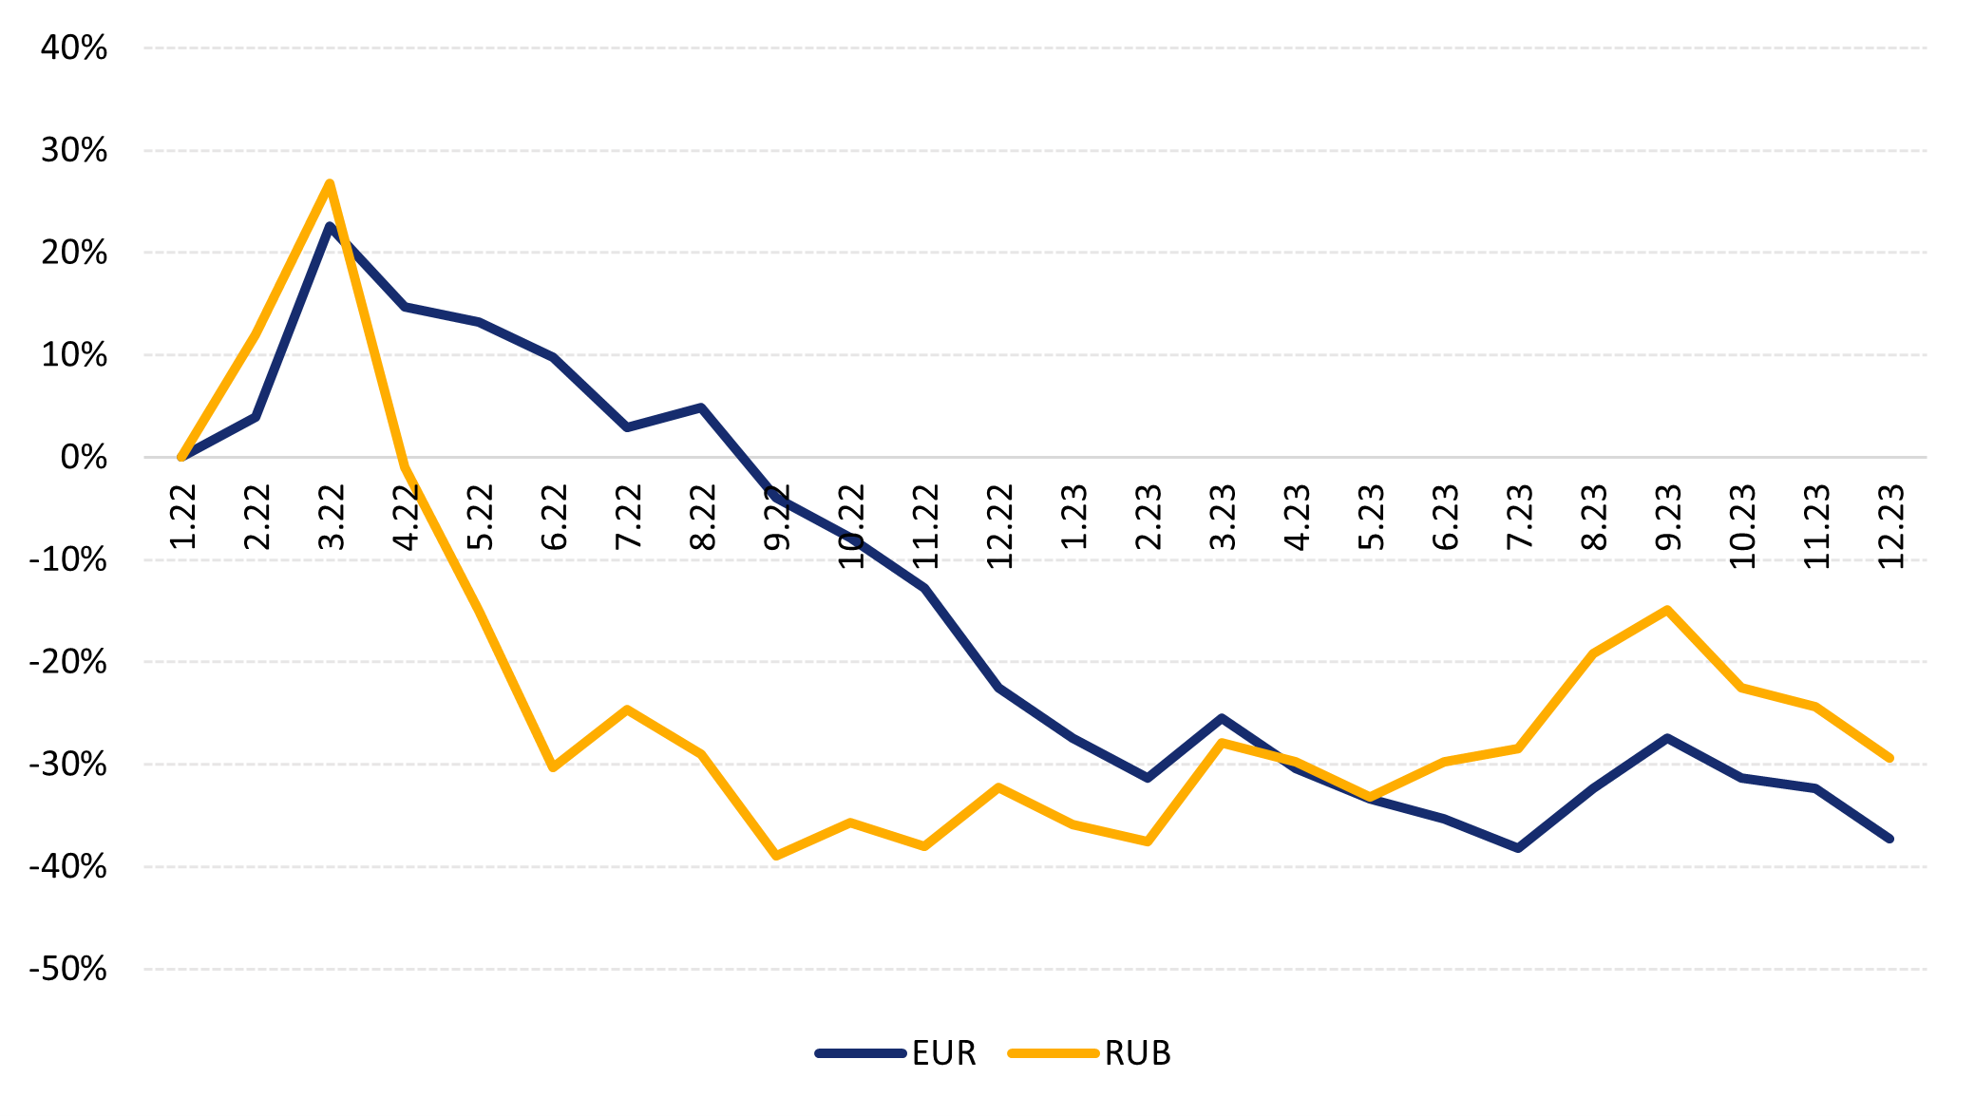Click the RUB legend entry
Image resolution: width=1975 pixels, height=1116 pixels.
click(1137, 1053)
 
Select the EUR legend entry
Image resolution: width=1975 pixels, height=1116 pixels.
click(943, 1053)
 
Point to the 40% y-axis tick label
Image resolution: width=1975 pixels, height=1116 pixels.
click(73, 47)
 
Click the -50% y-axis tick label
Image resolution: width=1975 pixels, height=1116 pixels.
click(68, 969)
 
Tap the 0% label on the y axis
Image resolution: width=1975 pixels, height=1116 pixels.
click(84, 458)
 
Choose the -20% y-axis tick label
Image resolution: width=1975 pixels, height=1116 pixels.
click(68, 662)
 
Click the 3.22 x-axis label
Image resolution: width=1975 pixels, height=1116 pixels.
click(332, 517)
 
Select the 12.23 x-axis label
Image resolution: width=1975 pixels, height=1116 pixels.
click(1891, 526)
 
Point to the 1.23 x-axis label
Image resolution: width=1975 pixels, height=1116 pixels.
click(1074, 517)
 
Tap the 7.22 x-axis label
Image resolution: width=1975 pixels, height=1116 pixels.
click(628, 517)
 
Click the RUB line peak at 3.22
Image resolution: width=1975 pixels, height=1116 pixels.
click(330, 183)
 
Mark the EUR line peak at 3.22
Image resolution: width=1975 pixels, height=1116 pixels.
click(330, 226)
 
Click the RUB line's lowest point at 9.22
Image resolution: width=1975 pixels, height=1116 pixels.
click(776, 856)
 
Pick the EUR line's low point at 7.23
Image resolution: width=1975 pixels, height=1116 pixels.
click(1518, 847)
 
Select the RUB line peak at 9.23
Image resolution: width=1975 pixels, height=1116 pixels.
click(1667, 609)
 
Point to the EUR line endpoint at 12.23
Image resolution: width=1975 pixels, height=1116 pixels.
click(1890, 839)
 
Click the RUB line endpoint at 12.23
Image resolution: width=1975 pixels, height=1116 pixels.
click(1890, 758)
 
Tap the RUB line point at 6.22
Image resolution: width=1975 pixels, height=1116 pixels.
click(553, 766)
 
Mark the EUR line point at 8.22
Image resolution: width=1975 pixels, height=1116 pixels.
click(701, 407)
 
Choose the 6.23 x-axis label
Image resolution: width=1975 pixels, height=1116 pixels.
click(1445, 517)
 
